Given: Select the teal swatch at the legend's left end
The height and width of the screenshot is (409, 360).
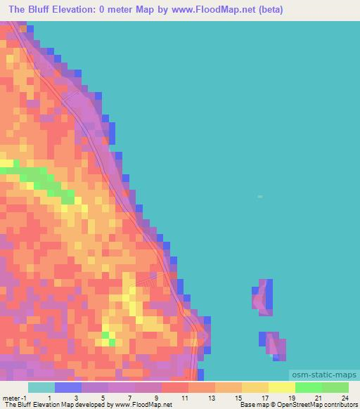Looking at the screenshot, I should [x=41, y=387].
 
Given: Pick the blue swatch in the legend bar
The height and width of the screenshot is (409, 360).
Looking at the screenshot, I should [x=67, y=387].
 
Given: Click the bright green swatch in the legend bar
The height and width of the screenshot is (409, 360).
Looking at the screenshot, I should [x=308, y=387].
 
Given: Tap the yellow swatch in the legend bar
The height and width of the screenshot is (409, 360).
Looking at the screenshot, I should [x=281, y=387].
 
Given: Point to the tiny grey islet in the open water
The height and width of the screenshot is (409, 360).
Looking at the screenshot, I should [x=259, y=197].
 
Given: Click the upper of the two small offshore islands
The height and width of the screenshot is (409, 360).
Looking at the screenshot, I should [x=263, y=295].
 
